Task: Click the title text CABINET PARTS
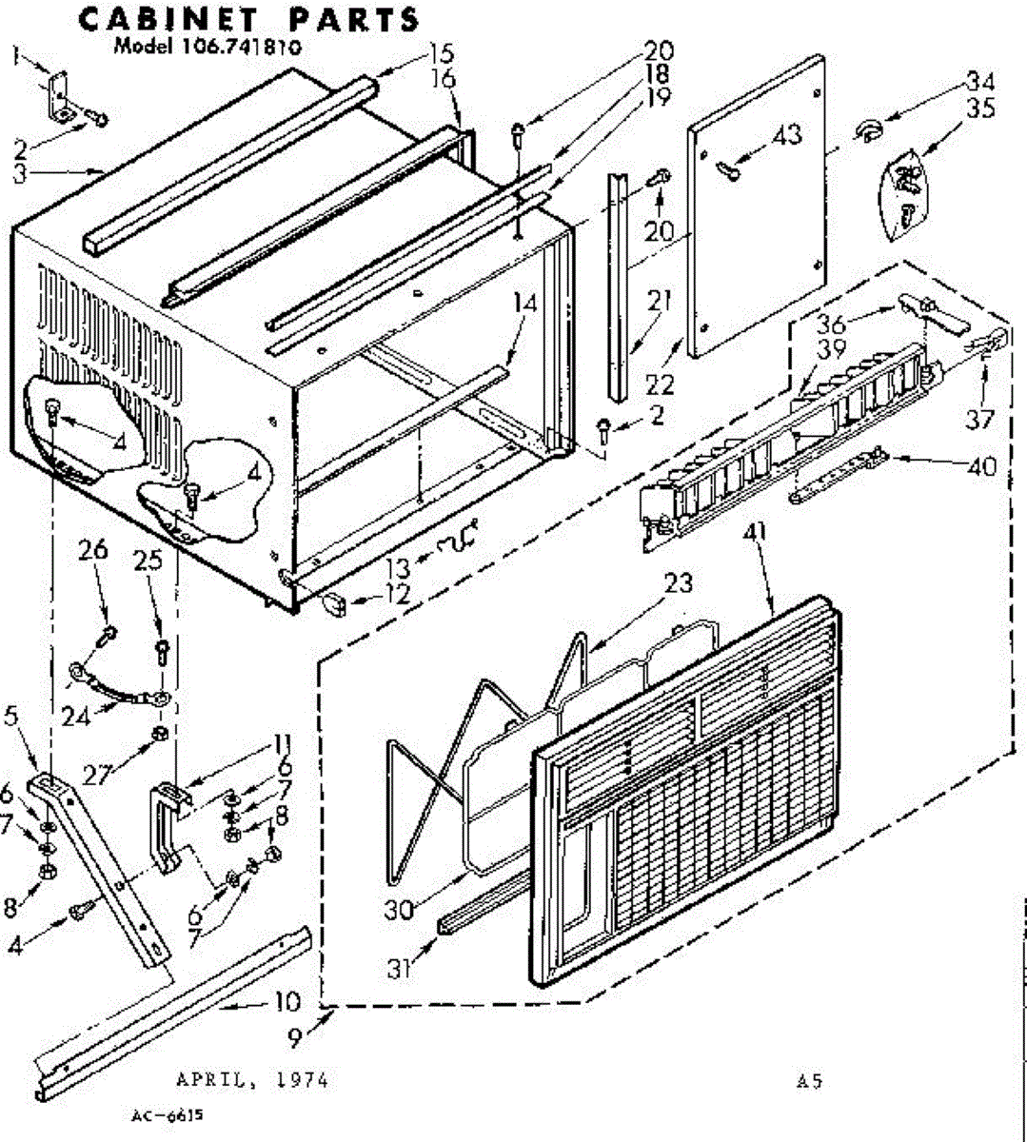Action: pyautogui.click(x=247, y=19)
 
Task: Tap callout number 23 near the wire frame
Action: pyautogui.click(x=679, y=582)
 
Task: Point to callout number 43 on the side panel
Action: pyautogui.click(x=787, y=135)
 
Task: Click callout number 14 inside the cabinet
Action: pyautogui.click(x=524, y=305)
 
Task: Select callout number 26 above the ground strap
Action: pyautogui.click(x=94, y=550)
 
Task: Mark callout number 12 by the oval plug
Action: pyautogui.click(x=397, y=595)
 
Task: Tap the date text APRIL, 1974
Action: pyautogui.click(x=252, y=1080)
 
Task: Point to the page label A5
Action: pyautogui.click(x=810, y=1081)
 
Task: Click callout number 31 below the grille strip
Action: pyautogui.click(x=400, y=969)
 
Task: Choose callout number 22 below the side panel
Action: pyautogui.click(x=659, y=384)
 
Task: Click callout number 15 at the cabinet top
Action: pyautogui.click(x=441, y=53)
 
